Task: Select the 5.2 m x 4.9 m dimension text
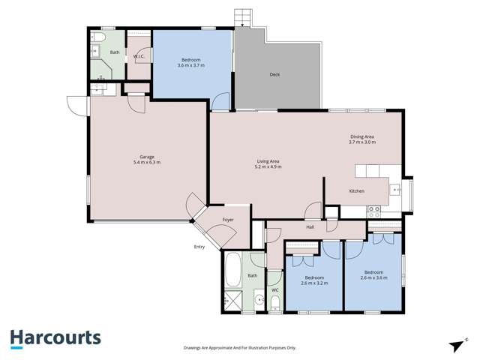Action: (268, 166)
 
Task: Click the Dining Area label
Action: (361, 136)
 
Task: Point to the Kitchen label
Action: (357, 191)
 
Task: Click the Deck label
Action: (275, 74)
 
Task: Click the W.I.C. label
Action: (139, 56)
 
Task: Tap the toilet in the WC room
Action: (274, 303)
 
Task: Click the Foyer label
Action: (228, 220)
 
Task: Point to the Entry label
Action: (199, 246)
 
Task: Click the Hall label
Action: (310, 226)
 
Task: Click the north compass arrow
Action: (455, 345)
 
